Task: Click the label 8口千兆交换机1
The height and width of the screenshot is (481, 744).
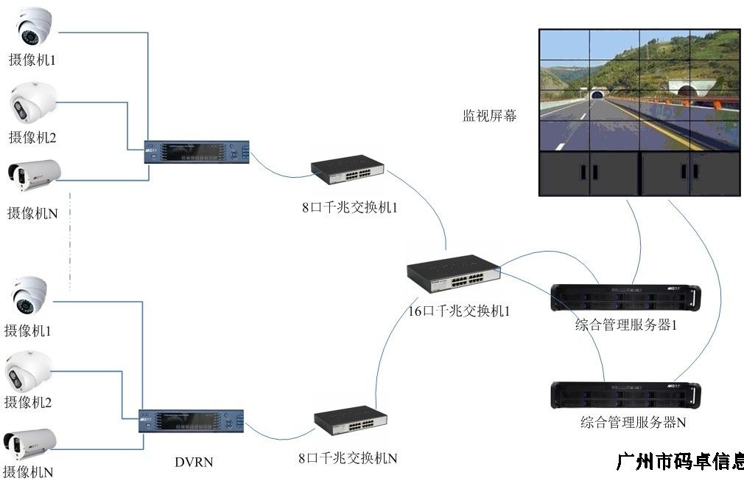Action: [349, 207]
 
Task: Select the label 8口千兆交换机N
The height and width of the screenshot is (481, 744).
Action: [348, 458]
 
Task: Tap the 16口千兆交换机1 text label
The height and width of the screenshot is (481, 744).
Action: [458, 311]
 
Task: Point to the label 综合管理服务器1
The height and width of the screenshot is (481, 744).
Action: [625, 325]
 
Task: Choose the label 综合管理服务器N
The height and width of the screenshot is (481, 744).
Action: [634, 423]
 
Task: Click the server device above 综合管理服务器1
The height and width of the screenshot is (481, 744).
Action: [625, 297]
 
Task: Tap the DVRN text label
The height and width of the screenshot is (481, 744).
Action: [194, 463]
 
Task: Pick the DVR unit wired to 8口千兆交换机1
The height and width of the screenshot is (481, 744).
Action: [197, 152]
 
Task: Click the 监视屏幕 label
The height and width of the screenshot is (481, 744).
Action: [489, 116]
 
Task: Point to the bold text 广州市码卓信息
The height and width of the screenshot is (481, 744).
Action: [678, 462]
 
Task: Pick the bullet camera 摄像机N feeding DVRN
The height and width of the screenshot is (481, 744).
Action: [31, 443]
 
